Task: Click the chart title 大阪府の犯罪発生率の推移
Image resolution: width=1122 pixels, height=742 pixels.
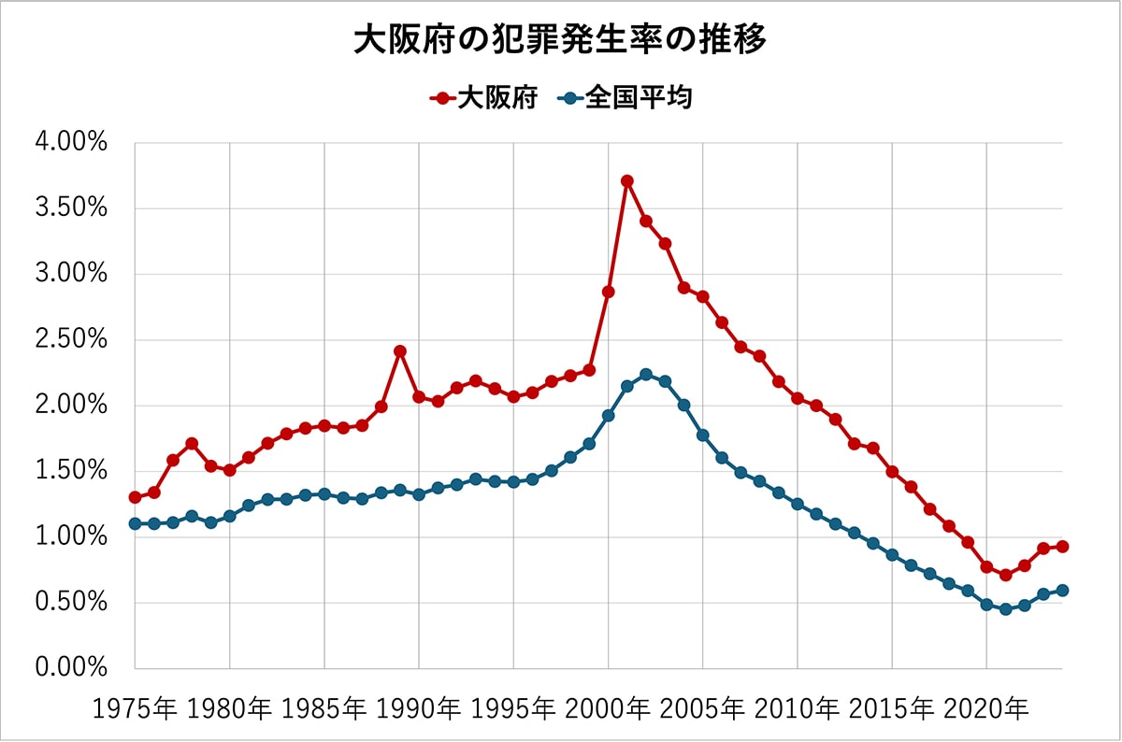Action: (x=560, y=40)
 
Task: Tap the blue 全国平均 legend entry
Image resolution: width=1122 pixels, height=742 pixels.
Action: (x=626, y=97)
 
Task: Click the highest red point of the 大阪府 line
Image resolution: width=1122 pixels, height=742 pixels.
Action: (x=627, y=181)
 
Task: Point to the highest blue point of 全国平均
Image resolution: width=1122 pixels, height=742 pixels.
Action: (x=646, y=375)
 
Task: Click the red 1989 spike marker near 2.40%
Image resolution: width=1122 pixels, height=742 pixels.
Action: (x=400, y=351)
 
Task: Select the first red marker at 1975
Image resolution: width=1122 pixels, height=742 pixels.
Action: (x=135, y=497)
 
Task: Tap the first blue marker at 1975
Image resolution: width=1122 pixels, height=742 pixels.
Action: (x=135, y=523)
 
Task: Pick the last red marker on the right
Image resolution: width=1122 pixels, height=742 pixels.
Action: (x=1062, y=547)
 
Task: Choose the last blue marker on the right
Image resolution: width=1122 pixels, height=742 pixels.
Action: (x=1062, y=590)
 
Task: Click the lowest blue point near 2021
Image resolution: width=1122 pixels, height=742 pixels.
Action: (x=1005, y=609)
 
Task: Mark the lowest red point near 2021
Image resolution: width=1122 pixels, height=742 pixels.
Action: (x=1005, y=575)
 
